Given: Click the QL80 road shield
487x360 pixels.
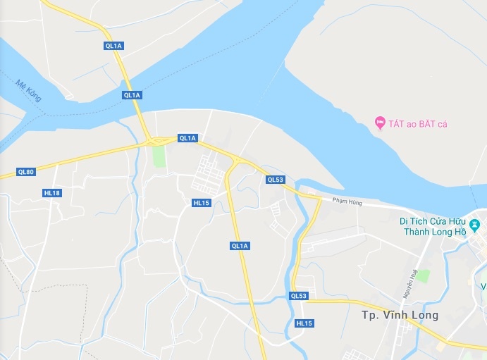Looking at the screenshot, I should click(x=25, y=172).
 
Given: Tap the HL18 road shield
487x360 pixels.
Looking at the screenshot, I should click(x=52, y=193).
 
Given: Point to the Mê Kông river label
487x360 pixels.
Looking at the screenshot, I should click(x=29, y=92).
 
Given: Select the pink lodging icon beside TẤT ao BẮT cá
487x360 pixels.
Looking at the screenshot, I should click(x=380, y=123).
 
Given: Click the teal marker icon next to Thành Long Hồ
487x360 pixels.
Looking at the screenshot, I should click(x=476, y=225).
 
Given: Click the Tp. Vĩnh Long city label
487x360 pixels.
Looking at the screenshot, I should click(x=400, y=315).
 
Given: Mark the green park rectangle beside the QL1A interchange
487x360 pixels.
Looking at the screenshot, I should click(x=160, y=156).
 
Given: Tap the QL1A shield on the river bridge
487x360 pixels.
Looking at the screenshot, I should click(x=132, y=94).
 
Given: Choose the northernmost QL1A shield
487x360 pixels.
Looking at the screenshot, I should click(x=113, y=46).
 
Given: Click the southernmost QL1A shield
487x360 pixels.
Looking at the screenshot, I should click(x=240, y=245).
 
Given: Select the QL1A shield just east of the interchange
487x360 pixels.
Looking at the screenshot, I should click(x=187, y=138).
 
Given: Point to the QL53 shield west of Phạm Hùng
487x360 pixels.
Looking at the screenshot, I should click(x=275, y=180).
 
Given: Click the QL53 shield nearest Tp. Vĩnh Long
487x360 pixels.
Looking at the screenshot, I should click(x=299, y=296).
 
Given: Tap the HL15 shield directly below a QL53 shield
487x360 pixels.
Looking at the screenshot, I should click(x=304, y=323).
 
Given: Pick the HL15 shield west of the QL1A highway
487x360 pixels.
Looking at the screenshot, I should click(x=202, y=203).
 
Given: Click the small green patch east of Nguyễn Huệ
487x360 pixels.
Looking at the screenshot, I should click(x=423, y=275).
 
